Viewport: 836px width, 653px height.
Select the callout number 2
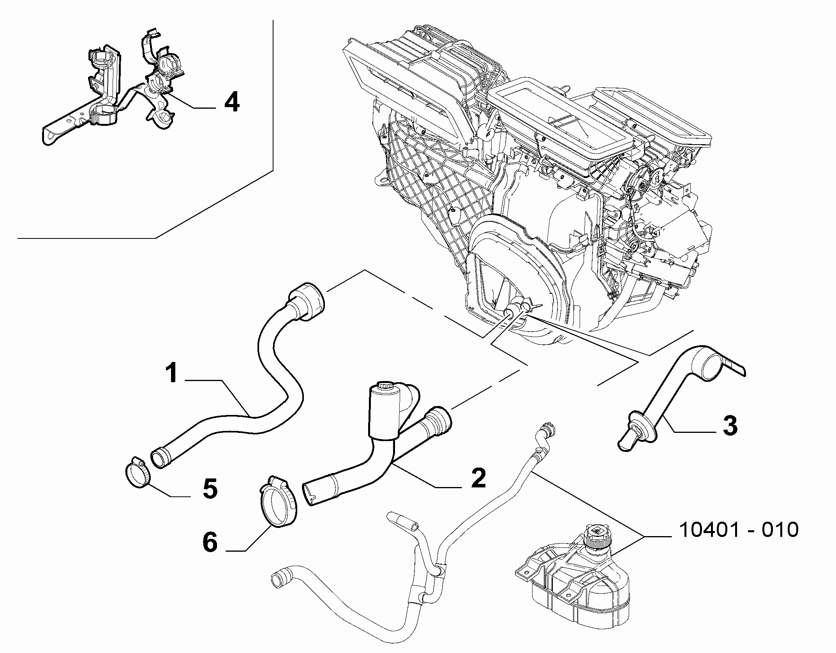(x=479, y=478)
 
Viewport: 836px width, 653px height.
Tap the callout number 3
(x=730, y=425)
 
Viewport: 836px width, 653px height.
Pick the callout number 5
(x=211, y=489)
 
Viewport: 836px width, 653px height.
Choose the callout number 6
(x=211, y=543)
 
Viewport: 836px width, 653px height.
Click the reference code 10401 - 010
(x=738, y=530)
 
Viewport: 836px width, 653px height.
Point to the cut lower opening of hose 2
(x=310, y=494)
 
